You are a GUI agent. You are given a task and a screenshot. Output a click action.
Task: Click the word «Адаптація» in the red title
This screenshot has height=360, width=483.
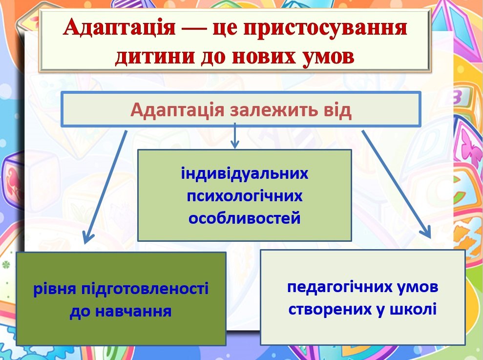(119, 28)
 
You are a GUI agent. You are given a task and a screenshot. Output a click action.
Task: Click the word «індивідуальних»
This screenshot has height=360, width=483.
(245, 173)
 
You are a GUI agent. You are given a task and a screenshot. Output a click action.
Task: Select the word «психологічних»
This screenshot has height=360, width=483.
(245, 196)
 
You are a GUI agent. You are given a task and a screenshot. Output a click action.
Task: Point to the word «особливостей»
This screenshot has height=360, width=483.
(245, 218)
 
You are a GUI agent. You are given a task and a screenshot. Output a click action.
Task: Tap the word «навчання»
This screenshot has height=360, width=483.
(133, 311)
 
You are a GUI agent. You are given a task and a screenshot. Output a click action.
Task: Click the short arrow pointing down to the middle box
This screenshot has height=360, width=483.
(235, 136)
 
